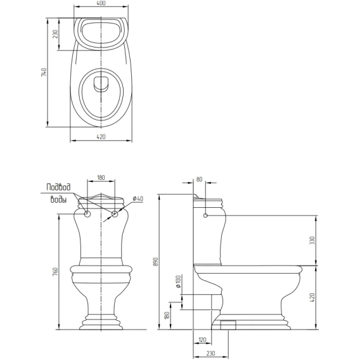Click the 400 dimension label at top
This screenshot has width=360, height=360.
[101, 3]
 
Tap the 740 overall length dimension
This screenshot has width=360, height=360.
[44, 72]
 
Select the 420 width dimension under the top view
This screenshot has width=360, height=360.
[101, 137]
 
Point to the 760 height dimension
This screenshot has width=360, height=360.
[55, 272]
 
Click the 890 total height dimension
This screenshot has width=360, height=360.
[156, 262]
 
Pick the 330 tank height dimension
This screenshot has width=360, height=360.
[312, 240]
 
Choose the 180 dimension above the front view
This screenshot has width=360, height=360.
[101, 177]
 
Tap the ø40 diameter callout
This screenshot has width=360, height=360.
[138, 198]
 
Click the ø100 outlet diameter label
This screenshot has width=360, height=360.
[178, 281]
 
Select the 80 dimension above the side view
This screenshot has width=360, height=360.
[199, 179]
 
